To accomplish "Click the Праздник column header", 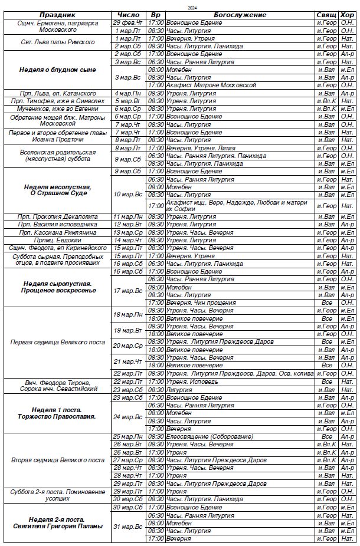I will pos(58,15).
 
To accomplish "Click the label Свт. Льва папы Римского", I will pos(58,42).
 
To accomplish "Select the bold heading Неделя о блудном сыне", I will pos(58,70).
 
